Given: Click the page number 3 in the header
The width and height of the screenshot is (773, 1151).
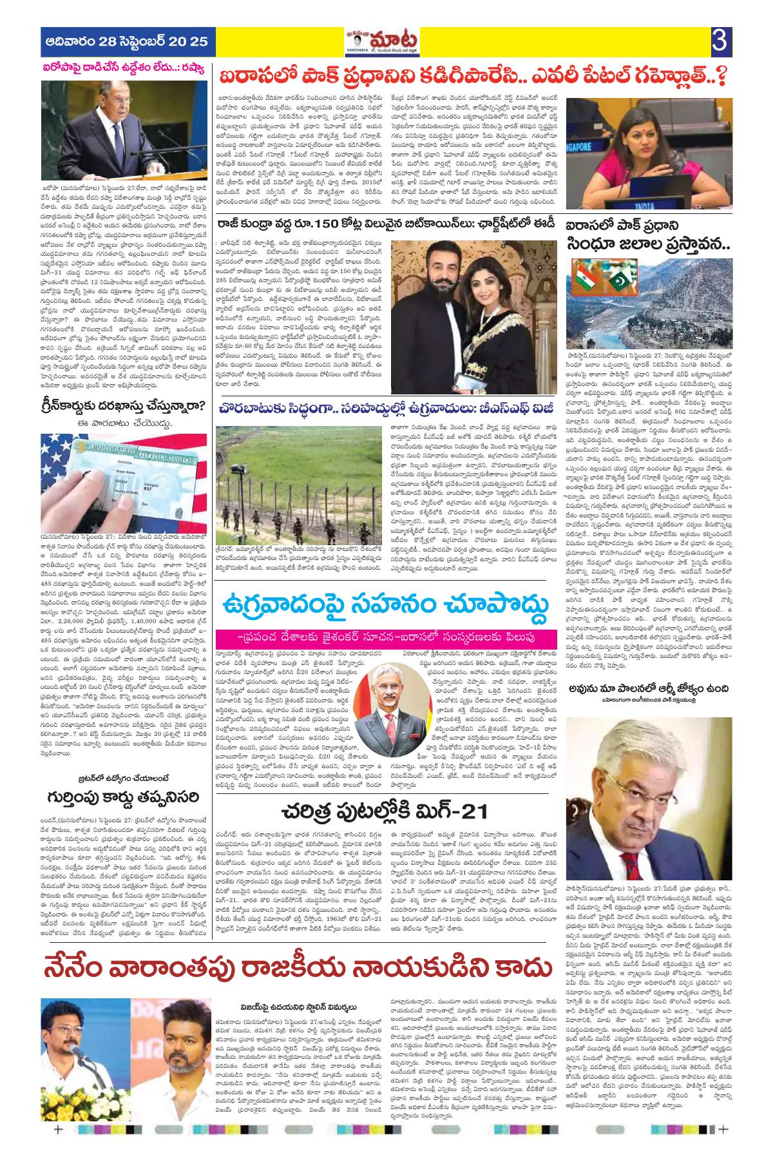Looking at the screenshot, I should (x=719, y=42).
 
